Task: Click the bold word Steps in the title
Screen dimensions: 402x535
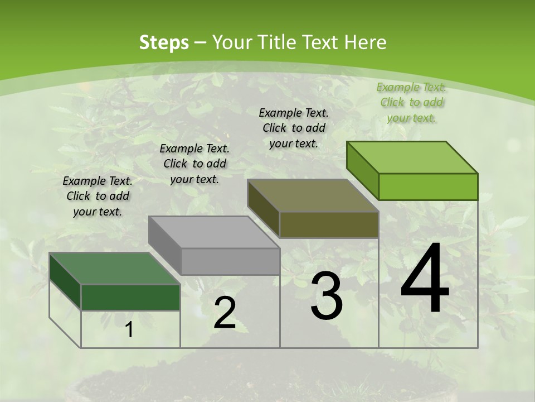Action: pos(164,42)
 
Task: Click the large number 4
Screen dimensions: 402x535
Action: pos(425,279)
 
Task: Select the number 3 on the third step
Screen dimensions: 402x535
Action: pos(326,296)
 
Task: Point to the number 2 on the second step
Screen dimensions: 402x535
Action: pos(225,313)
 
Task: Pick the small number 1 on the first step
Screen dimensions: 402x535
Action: pos(129,330)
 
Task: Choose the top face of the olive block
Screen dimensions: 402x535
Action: pos(312,195)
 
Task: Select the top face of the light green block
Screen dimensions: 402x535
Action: pos(412,157)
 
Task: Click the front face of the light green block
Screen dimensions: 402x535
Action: pos(428,186)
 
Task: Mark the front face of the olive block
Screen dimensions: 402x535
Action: pos(329,224)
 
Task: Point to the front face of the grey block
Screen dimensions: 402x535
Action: pos(230,261)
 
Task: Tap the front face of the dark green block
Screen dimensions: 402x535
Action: pos(131,297)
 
